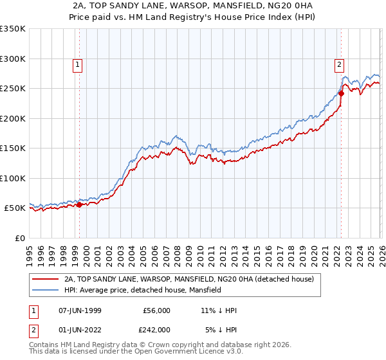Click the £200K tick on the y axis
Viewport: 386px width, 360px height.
(x=13, y=118)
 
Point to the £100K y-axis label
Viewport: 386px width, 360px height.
(x=13, y=178)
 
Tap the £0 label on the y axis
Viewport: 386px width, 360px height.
(x=19, y=238)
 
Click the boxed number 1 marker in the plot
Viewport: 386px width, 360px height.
(x=77, y=64)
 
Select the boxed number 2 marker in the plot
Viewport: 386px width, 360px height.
(x=338, y=64)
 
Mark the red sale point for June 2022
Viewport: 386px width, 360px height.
(x=341, y=93)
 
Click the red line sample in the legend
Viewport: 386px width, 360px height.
(x=45, y=280)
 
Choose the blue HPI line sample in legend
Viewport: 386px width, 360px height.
(x=45, y=291)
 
